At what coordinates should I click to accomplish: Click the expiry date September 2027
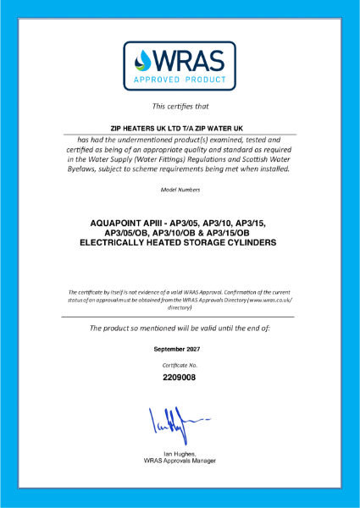click(x=180, y=349)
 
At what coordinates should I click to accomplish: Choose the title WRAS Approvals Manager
click(x=180, y=461)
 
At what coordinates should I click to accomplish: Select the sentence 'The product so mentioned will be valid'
click(x=169, y=328)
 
